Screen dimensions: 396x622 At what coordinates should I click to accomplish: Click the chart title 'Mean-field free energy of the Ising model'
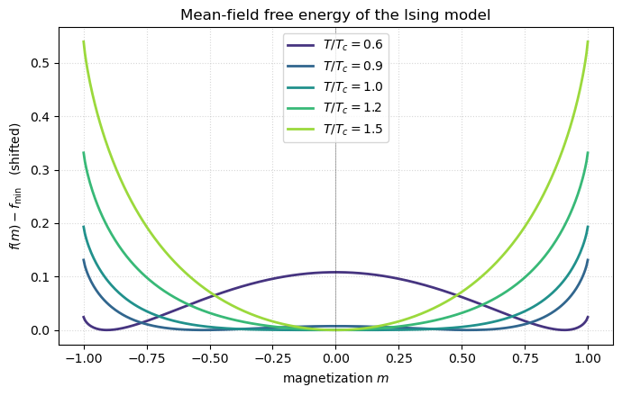pos(335,14)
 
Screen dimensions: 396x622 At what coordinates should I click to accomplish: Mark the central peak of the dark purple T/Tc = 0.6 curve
pos(335,272)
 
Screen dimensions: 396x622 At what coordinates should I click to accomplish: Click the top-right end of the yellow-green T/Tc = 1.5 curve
pos(588,41)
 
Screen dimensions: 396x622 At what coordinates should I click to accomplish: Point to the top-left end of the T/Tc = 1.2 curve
pos(84,153)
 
